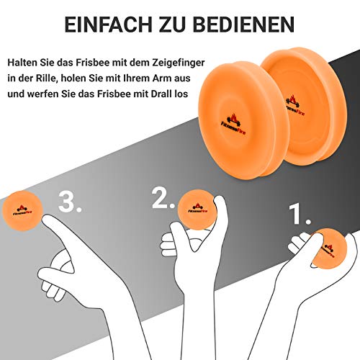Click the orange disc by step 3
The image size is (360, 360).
22,213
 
